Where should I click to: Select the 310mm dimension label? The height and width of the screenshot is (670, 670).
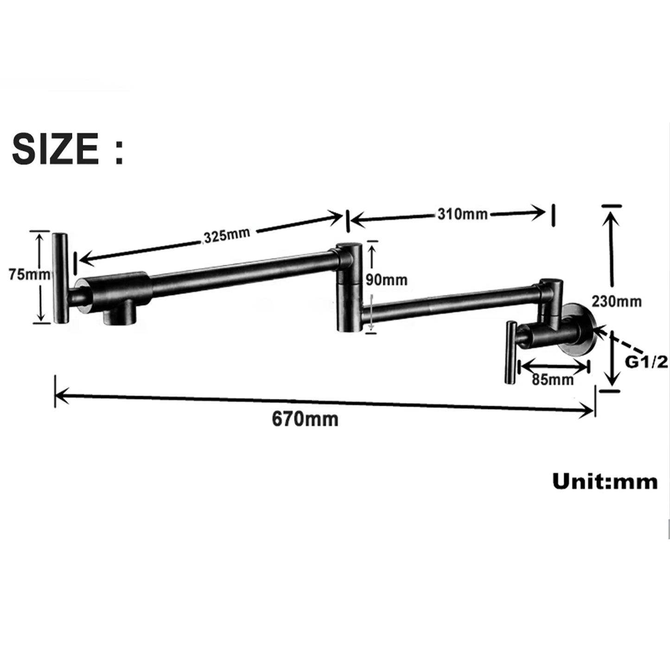462,214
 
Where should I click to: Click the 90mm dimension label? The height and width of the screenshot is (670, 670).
387,280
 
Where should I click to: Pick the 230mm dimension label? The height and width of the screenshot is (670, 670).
616,301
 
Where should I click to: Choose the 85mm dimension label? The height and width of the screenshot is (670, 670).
553,379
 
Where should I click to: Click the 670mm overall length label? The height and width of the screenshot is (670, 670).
305,419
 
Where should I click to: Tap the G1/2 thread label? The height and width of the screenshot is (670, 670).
646,362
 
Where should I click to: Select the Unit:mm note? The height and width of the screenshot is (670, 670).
605,482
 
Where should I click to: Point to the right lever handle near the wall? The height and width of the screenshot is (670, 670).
510,352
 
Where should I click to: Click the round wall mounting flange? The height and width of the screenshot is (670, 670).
578,330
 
